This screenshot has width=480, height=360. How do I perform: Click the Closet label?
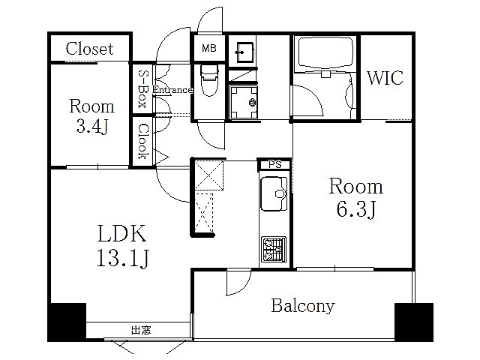(89, 49)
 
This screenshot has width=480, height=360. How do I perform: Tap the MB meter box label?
(209, 48)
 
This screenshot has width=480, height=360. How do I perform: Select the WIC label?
(385, 78)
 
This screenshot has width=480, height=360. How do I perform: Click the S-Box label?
(142, 88)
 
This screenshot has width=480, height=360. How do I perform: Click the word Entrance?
(172, 90)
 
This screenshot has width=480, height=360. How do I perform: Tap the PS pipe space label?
(275, 164)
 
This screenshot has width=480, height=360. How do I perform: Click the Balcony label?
(303, 306)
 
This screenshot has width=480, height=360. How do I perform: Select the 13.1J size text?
(122, 258)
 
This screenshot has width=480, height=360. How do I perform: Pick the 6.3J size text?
(356, 209)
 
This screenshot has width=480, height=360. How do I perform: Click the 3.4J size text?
(91, 126)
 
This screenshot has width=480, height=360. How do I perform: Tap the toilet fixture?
(209, 79)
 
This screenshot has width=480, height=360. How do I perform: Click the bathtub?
(325, 53)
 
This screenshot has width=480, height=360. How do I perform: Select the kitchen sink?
(273, 193)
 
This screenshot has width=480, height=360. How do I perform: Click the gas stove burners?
(274, 249)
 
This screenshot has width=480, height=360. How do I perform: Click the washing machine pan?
(244, 103)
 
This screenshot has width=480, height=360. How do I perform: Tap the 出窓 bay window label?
(141, 330)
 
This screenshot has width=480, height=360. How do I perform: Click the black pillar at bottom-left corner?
(67, 322)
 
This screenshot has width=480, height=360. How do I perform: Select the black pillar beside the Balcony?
(414, 322)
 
